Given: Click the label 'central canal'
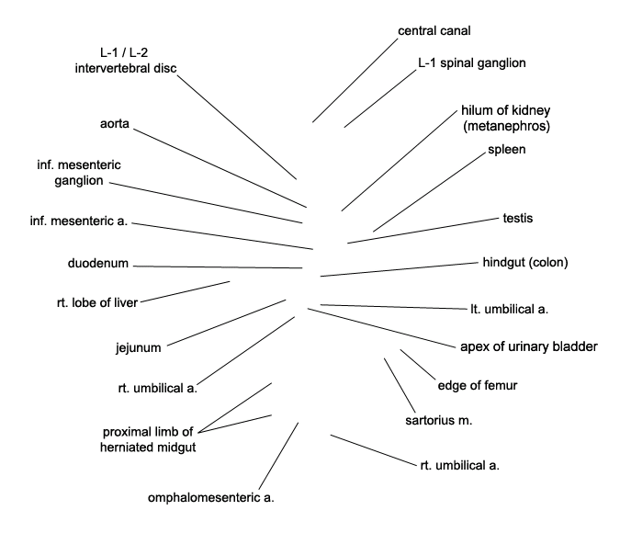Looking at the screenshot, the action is click(434, 31).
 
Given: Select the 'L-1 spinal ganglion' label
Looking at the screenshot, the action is click(472, 62).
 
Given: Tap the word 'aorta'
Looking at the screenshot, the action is click(115, 124).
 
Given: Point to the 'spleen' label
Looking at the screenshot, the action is click(506, 150).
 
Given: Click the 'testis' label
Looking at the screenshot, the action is click(518, 218).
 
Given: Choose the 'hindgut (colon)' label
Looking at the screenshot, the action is click(525, 262).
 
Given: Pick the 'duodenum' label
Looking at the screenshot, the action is click(98, 263).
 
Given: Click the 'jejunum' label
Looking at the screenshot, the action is click(139, 347).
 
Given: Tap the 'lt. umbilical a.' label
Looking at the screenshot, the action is click(509, 309).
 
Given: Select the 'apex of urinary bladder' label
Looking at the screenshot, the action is click(529, 347).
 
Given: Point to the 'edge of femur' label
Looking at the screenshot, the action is click(478, 385).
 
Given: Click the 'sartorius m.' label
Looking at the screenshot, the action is click(438, 420).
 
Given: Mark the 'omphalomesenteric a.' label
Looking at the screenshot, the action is click(210, 498).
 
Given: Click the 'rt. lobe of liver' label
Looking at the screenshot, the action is click(97, 302).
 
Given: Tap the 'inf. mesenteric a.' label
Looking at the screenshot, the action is click(79, 221).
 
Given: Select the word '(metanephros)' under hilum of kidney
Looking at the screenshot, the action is click(506, 126).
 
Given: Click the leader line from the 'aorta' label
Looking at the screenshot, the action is click(220, 168).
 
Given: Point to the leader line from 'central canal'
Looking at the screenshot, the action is click(355, 80).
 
